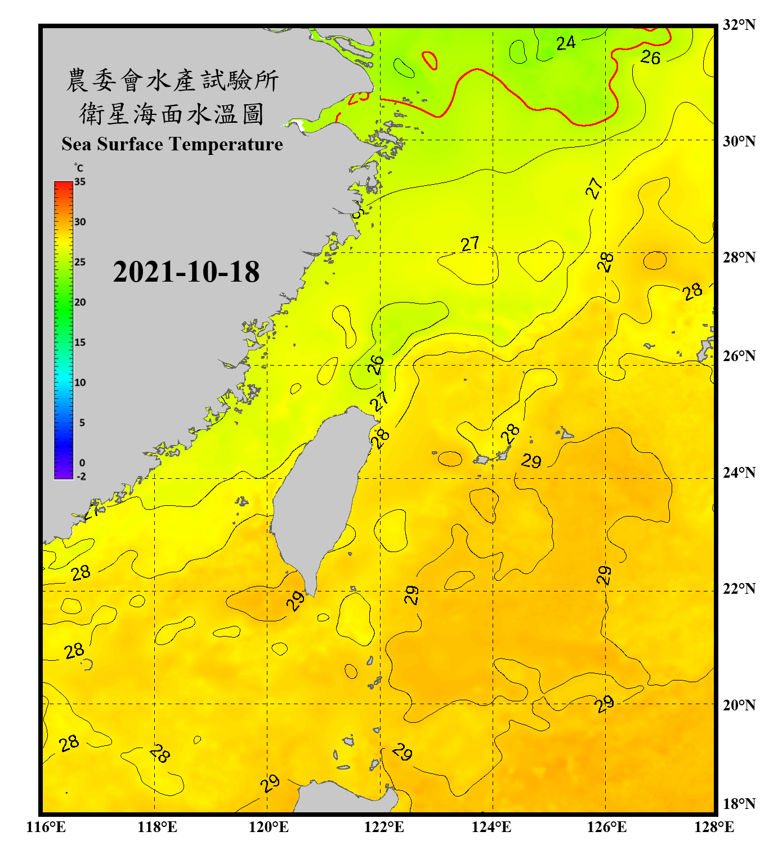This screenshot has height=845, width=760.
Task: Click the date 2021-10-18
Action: pyautogui.click(x=186, y=272)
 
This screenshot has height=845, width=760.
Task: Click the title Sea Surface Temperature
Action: pyautogui.click(x=172, y=144)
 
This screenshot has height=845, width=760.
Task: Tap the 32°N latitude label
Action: pyautogui.click(x=739, y=25)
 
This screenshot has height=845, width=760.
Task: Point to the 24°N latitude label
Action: pyautogui.click(x=739, y=472)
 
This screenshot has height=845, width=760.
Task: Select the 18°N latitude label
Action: pyautogui.click(x=739, y=803)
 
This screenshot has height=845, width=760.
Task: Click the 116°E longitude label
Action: pyautogui.click(x=46, y=827)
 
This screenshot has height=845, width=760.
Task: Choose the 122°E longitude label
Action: pyautogui.click(x=384, y=827)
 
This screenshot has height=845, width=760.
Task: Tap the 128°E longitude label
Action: pyautogui.click(x=714, y=827)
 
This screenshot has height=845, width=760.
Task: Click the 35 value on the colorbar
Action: pyautogui.click(x=80, y=182)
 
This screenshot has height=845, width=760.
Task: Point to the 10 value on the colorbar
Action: pyautogui.click(x=80, y=383)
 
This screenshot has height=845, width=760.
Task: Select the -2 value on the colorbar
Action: pyautogui.click(x=81, y=476)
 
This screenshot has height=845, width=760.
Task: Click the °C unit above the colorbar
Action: pyautogui.click(x=78, y=168)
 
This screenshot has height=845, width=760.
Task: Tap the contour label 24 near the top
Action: pyautogui.click(x=566, y=43)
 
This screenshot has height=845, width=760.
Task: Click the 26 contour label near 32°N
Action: pyautogui.click(x=650, y=57)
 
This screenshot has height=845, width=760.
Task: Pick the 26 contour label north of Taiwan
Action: pyautogui.click(x=375, y=364)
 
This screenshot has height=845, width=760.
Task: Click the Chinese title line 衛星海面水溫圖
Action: pyautogui.click(x=172, y=113)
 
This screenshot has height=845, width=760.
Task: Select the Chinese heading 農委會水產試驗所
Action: pyautogui.click(x=172, y=80)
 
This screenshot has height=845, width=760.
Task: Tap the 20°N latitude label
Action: pyautogui.click(x=739, y=705)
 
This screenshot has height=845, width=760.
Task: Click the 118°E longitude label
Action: pyautogui.click(x=157, y=827)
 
